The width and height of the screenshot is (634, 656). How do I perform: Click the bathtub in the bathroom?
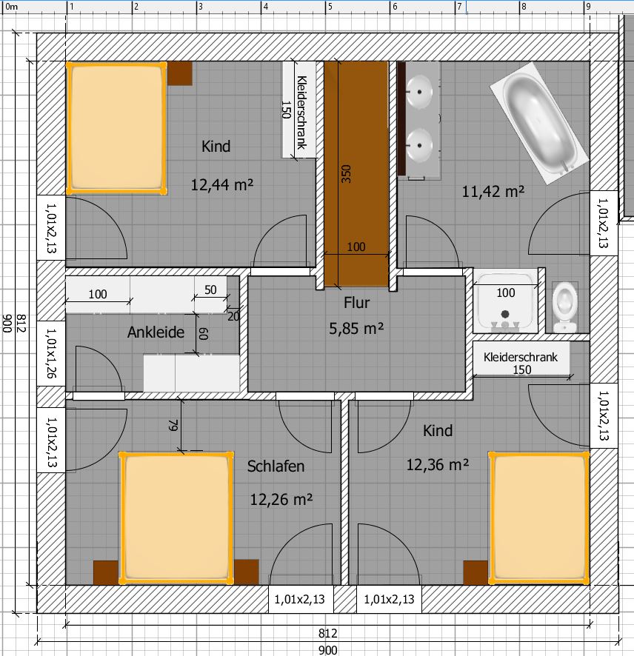point(539,123)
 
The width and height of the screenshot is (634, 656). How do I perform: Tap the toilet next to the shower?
point(565,307)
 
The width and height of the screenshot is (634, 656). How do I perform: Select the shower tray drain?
point(505,314)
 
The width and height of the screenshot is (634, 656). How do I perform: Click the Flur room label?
point(356,303)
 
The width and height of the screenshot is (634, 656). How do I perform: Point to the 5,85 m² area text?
point(356,329)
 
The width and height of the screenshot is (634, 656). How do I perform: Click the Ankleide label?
point(156,332)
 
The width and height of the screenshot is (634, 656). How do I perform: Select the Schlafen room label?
point(276,466)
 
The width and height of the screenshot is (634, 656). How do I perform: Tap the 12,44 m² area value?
point(221,184)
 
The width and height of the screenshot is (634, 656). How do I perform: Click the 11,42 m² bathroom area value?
point(493,191)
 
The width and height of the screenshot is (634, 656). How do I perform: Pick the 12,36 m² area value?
point(437,464)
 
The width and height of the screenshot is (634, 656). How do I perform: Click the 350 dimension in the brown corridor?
point(346,173)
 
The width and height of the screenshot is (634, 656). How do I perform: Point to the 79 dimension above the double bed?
point(173,425)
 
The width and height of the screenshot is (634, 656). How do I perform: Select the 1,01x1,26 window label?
point(51,353)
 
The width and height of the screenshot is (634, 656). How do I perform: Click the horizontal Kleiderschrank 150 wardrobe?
point(521,359)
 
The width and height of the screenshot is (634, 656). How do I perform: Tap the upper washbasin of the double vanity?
point(419,91)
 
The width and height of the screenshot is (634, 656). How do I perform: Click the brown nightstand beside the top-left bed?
point(180,73)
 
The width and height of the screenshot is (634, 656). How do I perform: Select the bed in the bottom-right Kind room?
point(539,518)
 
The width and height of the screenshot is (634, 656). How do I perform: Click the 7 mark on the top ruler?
point(459,7)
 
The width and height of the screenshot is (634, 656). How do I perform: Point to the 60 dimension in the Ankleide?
point(203,333)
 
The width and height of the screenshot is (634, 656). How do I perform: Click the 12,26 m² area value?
point(281,499)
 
